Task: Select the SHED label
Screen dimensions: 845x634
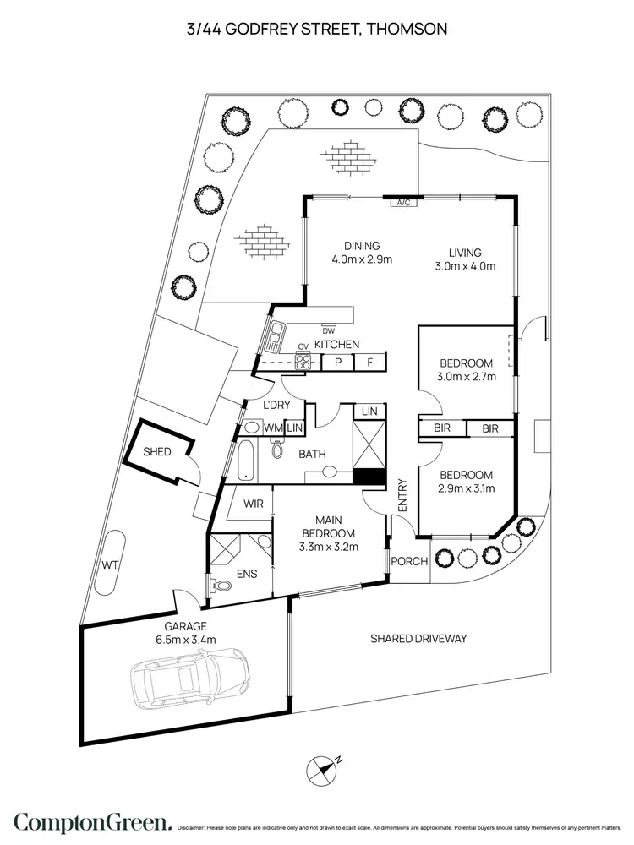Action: (156, 452)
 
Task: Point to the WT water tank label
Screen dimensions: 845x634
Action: (110, 564)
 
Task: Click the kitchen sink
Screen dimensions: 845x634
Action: (276, 337)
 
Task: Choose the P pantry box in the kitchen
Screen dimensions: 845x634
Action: (337, 363)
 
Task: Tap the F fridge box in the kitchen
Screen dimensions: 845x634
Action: (369, 363)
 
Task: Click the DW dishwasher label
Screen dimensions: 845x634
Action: (329, 330)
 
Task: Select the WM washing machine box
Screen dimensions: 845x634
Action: (272, 428)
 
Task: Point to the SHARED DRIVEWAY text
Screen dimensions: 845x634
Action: (418, 639)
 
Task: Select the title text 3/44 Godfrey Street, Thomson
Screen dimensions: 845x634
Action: (317, 29)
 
